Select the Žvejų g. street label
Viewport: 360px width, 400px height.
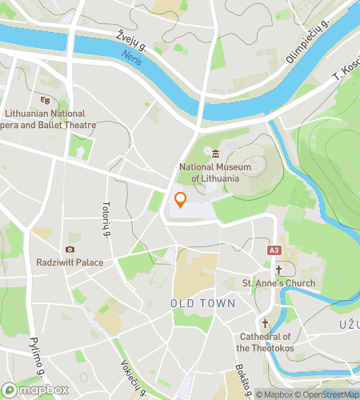coord(131,36)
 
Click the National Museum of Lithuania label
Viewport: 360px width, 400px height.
coord(210,172)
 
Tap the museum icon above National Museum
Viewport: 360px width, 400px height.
coord(215,154)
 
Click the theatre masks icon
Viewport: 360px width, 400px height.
coord(45,100)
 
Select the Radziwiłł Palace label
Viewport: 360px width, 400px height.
coord(70,262)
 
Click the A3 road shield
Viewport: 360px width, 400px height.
coord(274,250)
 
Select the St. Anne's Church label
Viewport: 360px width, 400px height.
coord(278,283)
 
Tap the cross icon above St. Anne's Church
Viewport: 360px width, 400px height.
coord(278,270)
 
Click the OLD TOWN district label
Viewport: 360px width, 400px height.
coord(203,304)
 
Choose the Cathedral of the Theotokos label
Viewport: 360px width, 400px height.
coord(266,342)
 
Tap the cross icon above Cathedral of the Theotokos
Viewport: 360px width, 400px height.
coord(266,325)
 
